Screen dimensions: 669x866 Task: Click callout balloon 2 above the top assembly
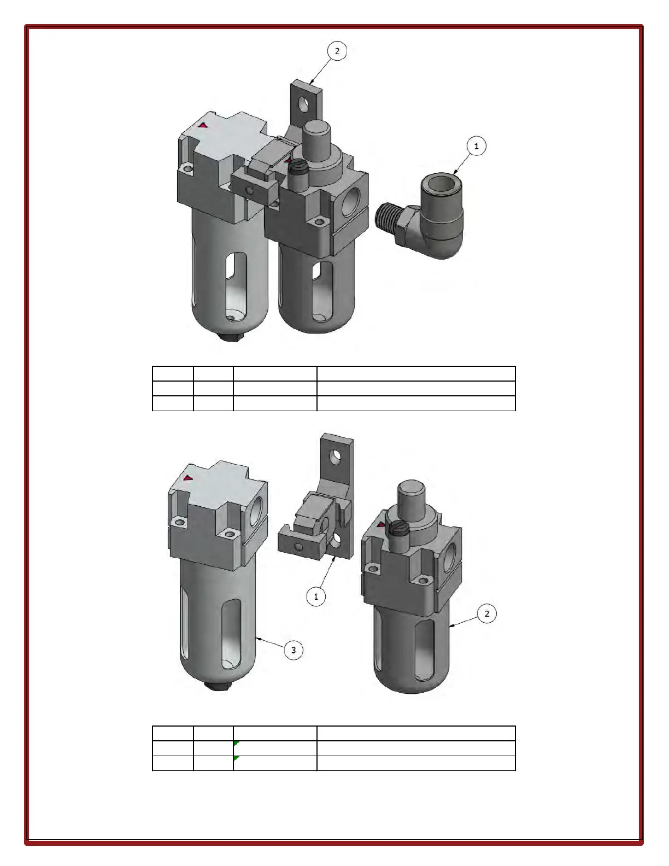coord(337,51)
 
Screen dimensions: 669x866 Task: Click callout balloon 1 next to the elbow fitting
coord(476,146)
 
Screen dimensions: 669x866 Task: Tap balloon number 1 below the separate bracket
coord(316,596)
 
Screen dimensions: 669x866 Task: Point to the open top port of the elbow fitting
coord(442,183)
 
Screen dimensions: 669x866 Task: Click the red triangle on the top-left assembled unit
coord(203,125)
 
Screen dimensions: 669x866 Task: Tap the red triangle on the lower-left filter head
coord(187,478)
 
